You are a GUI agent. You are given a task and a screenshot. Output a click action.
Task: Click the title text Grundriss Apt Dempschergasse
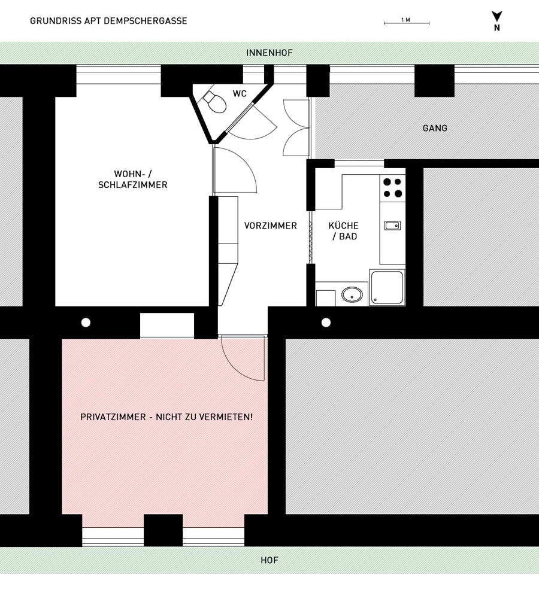click(108, 21)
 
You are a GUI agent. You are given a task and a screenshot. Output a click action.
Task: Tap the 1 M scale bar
click(406, 23)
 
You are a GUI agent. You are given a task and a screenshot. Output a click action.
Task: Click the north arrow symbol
click(496, 17)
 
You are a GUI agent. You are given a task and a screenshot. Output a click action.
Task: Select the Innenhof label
click(269, 53)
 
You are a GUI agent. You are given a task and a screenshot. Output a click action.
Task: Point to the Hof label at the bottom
click(269, 561)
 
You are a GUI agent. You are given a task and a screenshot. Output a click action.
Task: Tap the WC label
click(240, 94)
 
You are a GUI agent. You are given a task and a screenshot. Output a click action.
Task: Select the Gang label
click(435, 128)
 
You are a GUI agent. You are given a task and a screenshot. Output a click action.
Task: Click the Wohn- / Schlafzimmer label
click(133, 180)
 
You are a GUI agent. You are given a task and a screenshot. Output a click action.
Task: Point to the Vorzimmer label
click(271, 226)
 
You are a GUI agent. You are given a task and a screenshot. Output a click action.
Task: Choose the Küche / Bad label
click(344, 231)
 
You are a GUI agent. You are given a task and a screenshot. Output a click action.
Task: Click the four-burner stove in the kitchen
click(392, 188)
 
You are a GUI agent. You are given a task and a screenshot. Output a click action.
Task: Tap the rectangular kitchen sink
click(392, 226)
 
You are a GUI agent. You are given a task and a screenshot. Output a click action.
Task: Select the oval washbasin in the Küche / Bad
click(352, 294)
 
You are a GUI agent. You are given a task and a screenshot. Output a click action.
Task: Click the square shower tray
click(387, 288)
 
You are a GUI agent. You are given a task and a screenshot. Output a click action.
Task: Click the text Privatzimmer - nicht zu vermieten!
click(166, 416)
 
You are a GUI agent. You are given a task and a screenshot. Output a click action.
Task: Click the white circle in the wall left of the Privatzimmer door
click(86, 323)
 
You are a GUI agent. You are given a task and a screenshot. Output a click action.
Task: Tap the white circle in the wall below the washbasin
click(326, 323)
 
